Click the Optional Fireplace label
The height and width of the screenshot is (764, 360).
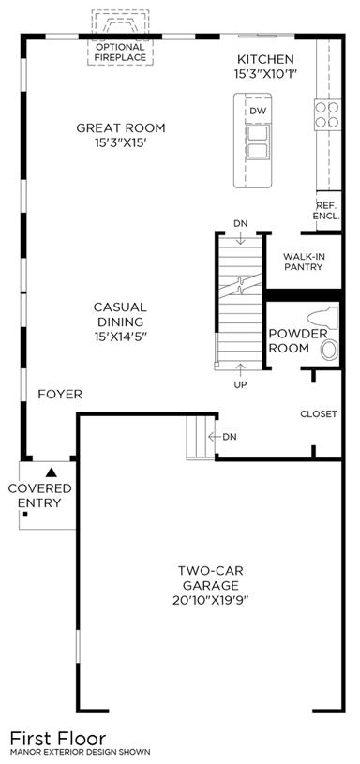120,52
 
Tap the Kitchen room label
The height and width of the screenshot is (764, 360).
265,59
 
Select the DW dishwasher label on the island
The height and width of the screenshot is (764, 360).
258,112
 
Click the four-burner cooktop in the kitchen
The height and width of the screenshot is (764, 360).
327,114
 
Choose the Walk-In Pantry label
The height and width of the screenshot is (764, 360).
304,262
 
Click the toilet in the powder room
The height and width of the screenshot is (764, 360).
323,317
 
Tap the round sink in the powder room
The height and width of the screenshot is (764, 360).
329,350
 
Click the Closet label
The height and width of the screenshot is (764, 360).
319,414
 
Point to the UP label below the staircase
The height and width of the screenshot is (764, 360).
240,385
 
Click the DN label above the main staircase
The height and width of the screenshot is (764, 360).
241,224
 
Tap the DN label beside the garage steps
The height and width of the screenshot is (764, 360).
230,437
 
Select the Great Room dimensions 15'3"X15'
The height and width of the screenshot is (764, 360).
121,144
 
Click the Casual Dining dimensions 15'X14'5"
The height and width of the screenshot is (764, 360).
120,337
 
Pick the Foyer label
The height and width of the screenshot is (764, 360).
60,394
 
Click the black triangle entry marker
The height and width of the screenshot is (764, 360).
52,472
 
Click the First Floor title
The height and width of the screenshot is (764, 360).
58,738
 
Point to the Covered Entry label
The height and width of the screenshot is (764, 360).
40,496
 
